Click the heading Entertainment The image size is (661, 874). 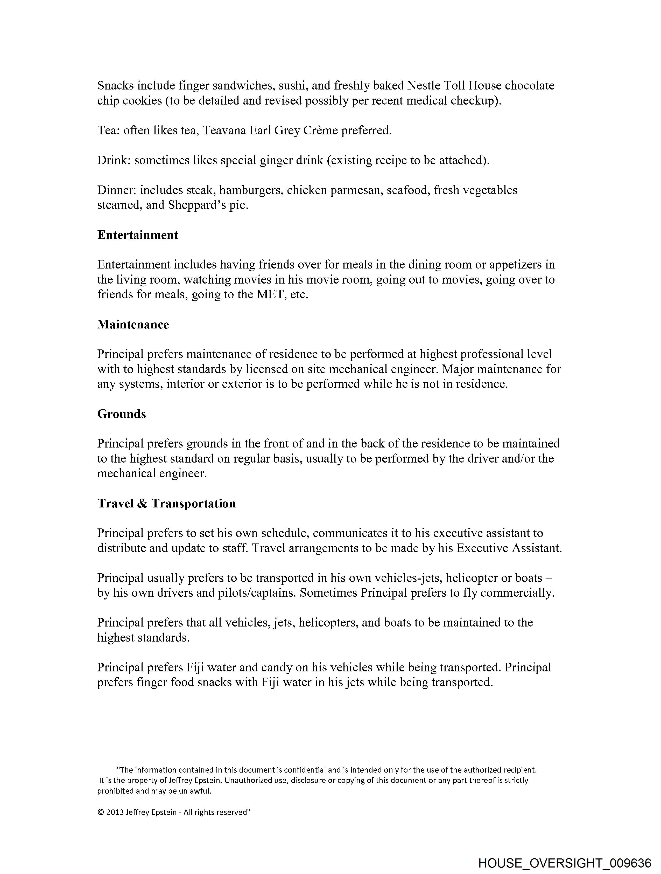click(x=137, y=235)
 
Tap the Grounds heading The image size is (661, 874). click(x=122, y=414)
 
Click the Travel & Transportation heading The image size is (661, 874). click(x=166, y=503)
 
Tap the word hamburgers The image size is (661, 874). click(x=251, y=190)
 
